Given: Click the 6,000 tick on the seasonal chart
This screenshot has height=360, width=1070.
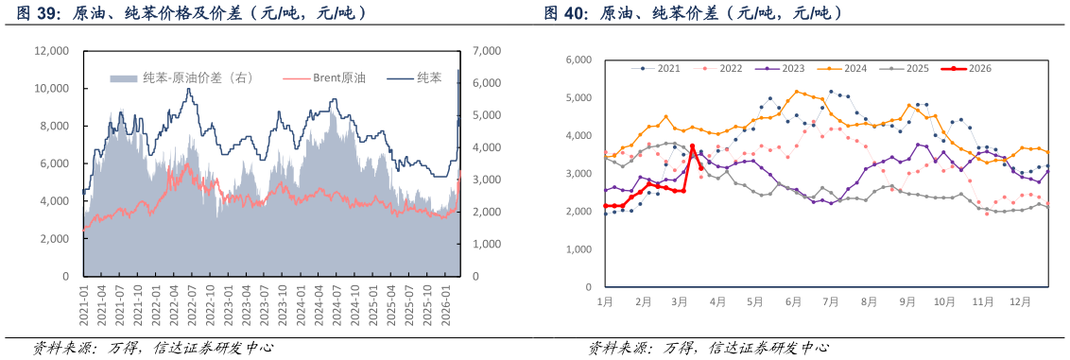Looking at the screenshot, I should tap(578, 60).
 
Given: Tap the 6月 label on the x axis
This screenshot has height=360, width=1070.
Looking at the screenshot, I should tap(793, 302).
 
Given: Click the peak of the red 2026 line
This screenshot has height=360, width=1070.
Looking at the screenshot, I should tap(693, 146).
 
